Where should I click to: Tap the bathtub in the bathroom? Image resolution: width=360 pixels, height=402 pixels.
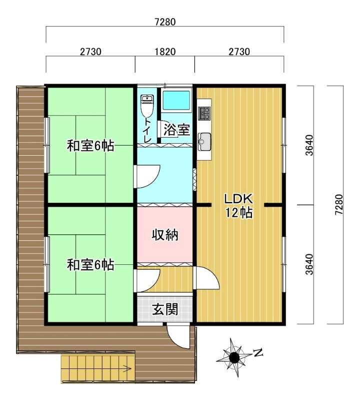[x=176, y=100]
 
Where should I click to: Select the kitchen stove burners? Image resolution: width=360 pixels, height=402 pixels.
[x=204, y=113]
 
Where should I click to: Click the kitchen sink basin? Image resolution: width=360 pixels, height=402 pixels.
[x=204, y=142]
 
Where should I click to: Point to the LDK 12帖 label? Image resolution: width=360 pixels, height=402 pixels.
[x=238, y=206]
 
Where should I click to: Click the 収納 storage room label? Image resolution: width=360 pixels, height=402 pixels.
[x=165, y=235]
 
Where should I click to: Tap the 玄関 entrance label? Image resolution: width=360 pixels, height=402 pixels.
[x=165, y=309]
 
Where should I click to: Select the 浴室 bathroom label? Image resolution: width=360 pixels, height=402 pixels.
[x=176, y=130]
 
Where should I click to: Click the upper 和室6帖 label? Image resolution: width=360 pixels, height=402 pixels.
[x=90, y=146]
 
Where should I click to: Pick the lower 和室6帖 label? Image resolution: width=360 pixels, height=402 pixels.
[x=90, y=265]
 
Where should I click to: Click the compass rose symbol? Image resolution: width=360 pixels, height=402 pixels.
[x=234, y=357]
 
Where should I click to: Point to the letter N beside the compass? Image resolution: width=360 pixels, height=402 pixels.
[x=259, y=353]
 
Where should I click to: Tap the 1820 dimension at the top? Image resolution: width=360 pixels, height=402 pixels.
[x=165, y=52]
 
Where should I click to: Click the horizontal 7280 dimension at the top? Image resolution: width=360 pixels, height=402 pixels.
[x=165, y=22]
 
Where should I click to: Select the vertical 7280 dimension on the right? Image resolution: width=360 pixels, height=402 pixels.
[x=338, y=205]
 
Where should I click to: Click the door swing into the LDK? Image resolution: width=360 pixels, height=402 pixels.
[x=207, y=278]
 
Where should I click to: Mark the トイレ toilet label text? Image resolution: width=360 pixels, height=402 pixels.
[x=147, y=130]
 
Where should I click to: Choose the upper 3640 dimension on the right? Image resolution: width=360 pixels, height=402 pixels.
[x=309, y=145]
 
